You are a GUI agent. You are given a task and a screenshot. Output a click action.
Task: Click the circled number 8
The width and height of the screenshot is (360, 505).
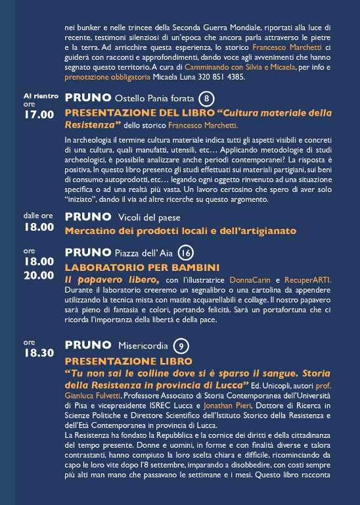tap(207, 99)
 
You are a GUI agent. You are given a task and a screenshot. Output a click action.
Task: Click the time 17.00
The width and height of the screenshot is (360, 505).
tap(39, 115)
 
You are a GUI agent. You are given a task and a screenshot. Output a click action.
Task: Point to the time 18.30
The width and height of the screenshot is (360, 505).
tap(39, 352)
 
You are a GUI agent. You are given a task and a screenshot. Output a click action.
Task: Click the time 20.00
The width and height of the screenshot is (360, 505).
tap(39, 275)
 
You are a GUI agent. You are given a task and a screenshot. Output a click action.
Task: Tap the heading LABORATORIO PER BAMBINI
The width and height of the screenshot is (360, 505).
tap(142, 268)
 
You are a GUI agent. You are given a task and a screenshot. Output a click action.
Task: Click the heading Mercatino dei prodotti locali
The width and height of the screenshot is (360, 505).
tap(180, 231)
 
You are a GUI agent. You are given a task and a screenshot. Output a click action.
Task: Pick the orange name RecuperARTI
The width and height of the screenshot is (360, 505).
tap(307, 280)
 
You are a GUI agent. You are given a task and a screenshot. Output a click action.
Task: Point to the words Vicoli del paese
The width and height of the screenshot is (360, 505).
tap(148, 217)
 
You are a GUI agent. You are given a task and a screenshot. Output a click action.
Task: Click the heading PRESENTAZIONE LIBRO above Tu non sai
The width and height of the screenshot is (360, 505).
tap(128, 361)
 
